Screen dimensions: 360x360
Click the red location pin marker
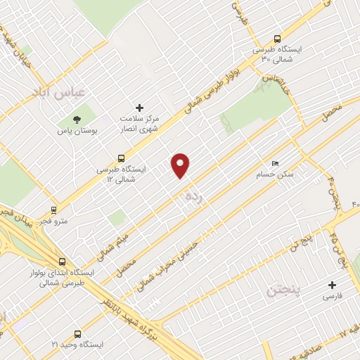point(181,165)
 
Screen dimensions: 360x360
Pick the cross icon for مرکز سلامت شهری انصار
point(139,108)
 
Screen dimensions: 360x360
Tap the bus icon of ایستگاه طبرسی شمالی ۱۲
point(121,159)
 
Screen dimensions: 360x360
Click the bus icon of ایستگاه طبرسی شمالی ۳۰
point(276,39)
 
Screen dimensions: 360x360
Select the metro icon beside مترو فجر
point(53,210)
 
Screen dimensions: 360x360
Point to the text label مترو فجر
point(54,221)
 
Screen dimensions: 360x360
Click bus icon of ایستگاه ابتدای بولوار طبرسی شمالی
point(63,262)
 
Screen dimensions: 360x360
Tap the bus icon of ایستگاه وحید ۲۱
point(77,334)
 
